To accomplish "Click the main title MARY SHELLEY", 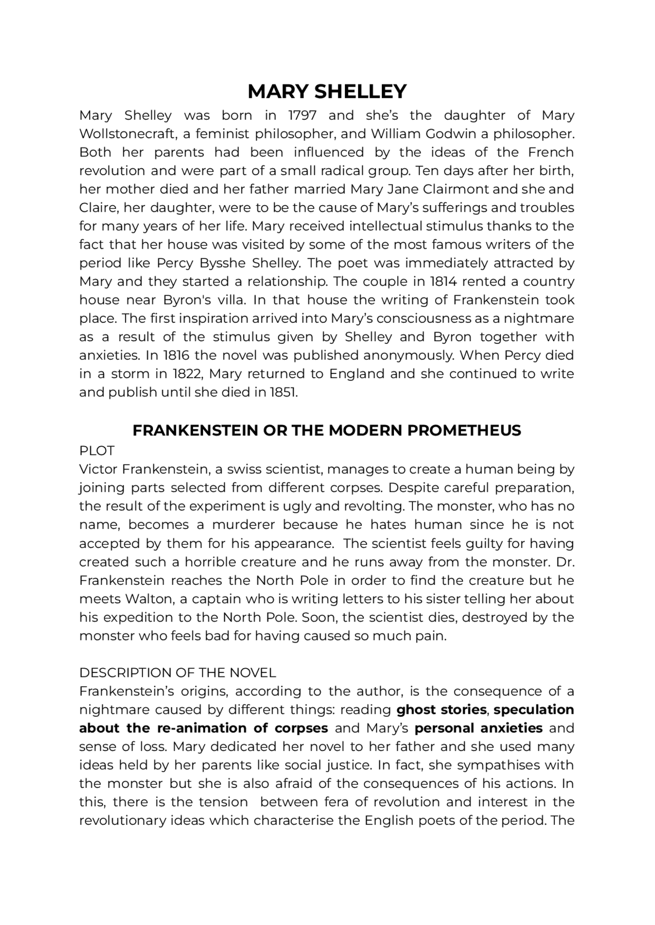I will pyautogui.click(x=327, y=92).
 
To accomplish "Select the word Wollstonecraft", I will pyautogui.click(x=128, y=134).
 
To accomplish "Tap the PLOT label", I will pyautogui.click(x=97, y=451).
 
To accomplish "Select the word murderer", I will pyautogui.click(x=244, y=525).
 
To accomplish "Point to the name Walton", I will pyautogui.click(x=145, y=599).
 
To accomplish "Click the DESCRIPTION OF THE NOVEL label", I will pyautogui.click(x=178, y=673).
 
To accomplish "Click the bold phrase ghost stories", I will pyautogui.click(x=441, y=710).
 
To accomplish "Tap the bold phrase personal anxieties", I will pyautogui.click(x=478, y=728).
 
